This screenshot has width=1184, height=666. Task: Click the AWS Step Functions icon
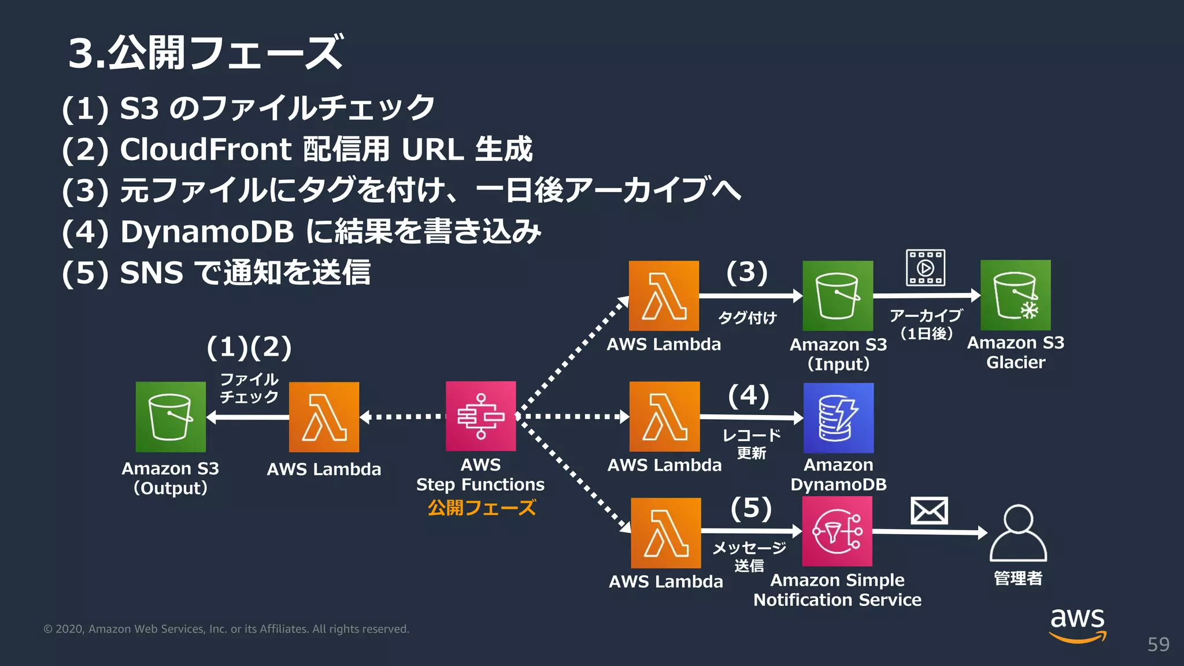pos(480,416)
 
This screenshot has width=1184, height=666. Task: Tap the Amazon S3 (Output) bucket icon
pos(171,417)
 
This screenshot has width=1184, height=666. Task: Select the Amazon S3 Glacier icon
pos(1016,295)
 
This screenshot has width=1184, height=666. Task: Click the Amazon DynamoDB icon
pos(838,418)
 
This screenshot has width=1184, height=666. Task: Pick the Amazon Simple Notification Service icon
pos(837,531)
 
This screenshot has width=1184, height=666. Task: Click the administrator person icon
pos(1018,533)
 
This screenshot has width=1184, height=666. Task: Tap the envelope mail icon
pos(929,510)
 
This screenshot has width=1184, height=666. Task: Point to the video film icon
pos(926,268)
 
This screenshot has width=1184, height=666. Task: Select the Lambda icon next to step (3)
pos(664,296)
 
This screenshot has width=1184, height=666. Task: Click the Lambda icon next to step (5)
pos(666,533)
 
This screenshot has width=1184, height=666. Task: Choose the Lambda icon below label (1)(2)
pos(324,417)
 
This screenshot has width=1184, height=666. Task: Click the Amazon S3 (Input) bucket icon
pos(838,296)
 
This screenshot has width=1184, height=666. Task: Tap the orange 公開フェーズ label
pos(482,508)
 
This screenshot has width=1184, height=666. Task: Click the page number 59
pos(1158,644)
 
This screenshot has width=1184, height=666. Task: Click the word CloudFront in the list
pos(206,149)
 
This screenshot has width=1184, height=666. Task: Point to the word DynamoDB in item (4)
pos(207,232)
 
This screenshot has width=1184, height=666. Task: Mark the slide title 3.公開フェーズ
pos(206,53)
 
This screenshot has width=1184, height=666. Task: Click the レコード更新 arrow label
pos(752,443)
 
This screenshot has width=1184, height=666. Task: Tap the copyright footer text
pos(226,629)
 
